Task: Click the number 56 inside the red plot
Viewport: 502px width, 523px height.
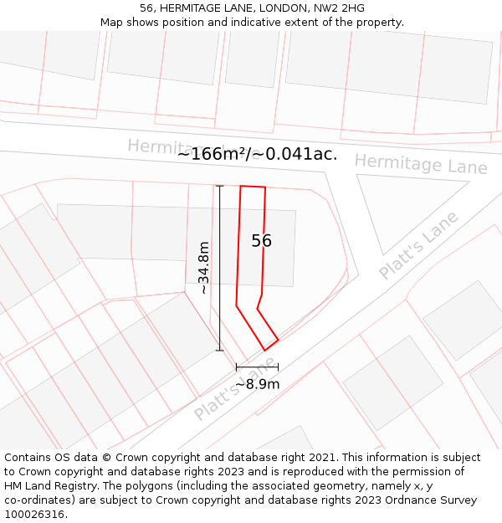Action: pos(261,241)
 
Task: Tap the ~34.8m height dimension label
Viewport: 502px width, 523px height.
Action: pos(203,268)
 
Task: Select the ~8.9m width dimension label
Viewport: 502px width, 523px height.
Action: pos(257,384)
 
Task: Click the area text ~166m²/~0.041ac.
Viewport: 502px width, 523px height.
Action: pos(257,154)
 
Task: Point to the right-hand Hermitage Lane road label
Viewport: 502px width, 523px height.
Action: pos(421,164)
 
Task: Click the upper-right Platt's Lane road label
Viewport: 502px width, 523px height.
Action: pos(418,245)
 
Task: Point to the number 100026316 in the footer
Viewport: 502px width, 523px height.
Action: pos(33,515)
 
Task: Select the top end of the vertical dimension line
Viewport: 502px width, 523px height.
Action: pos(219,186)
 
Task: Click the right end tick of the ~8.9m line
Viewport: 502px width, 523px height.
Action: pos(278,367)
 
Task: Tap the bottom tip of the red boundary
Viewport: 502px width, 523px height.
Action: pos(265,350)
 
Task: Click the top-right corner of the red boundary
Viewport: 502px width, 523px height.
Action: pos(265,187)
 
